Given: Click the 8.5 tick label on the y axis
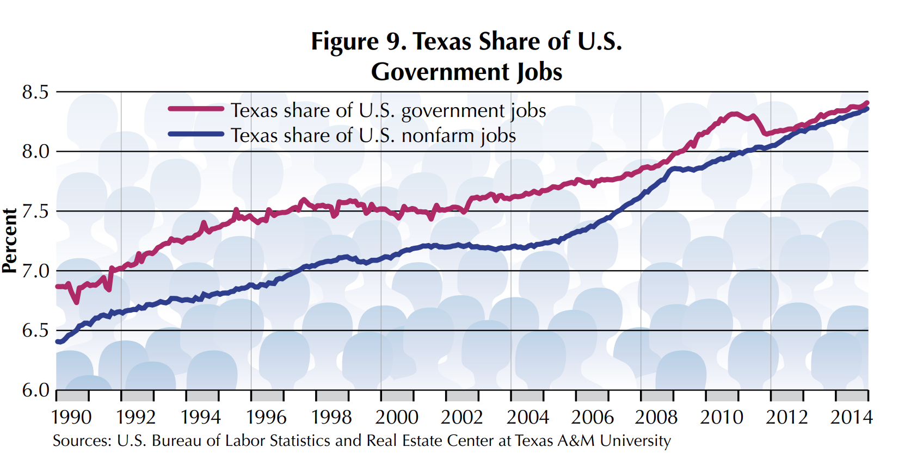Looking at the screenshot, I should [x=35, y=92].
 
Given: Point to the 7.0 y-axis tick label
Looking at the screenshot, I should [x=35, y=270].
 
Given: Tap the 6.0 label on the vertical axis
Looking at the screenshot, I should [x=35, y=390].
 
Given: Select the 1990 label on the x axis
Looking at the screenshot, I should [x=71, y=417].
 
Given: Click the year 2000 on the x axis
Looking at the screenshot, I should [x=397, y=417].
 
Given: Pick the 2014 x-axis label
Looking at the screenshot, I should [x=851, y=417].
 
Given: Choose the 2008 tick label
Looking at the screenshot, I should [x=656, y=417].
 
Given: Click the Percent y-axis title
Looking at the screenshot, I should [x=10, y=240].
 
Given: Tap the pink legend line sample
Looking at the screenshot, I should [x=196, y=109].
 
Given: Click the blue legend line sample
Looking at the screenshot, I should [x=196, y=134].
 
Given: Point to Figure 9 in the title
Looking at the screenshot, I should [x=359, y=41].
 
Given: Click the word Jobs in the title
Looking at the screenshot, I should [x=539, y=72].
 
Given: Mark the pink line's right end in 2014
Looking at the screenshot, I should [x=867, y=103].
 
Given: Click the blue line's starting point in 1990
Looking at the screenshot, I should [x=58, y=341].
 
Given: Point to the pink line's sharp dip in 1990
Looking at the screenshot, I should [x=76, y=302].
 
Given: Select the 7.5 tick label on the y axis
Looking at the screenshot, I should [x=35, y=211].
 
